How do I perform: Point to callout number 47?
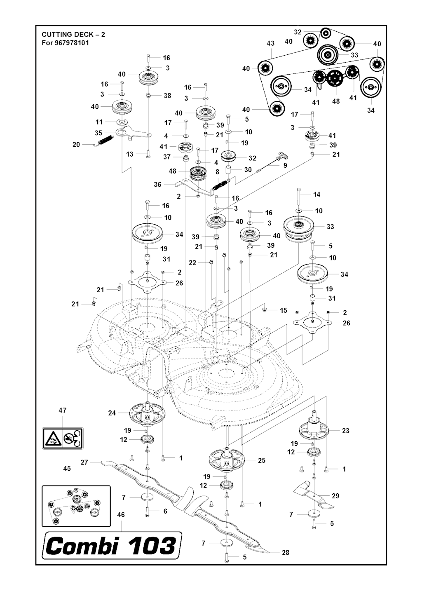click(62, 410)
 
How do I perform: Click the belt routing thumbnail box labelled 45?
click(76, 506)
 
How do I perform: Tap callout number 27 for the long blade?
click(84, 462)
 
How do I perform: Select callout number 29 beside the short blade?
click(335, 496)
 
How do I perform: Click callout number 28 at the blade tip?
click(285, 553)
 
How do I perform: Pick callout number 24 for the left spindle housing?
click(112, 413)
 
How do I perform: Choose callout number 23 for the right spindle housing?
click(345, 430)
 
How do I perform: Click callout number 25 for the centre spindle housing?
click(261, 460)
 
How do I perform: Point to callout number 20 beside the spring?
click(76, 145)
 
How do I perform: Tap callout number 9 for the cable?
click(285, 165)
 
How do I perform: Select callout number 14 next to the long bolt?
click(316, 194)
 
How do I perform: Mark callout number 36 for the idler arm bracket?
click(157, 185)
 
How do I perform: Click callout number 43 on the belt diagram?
click(270, 43)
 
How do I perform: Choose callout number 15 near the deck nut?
click(284, 310)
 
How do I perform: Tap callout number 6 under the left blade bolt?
click(165, 511)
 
